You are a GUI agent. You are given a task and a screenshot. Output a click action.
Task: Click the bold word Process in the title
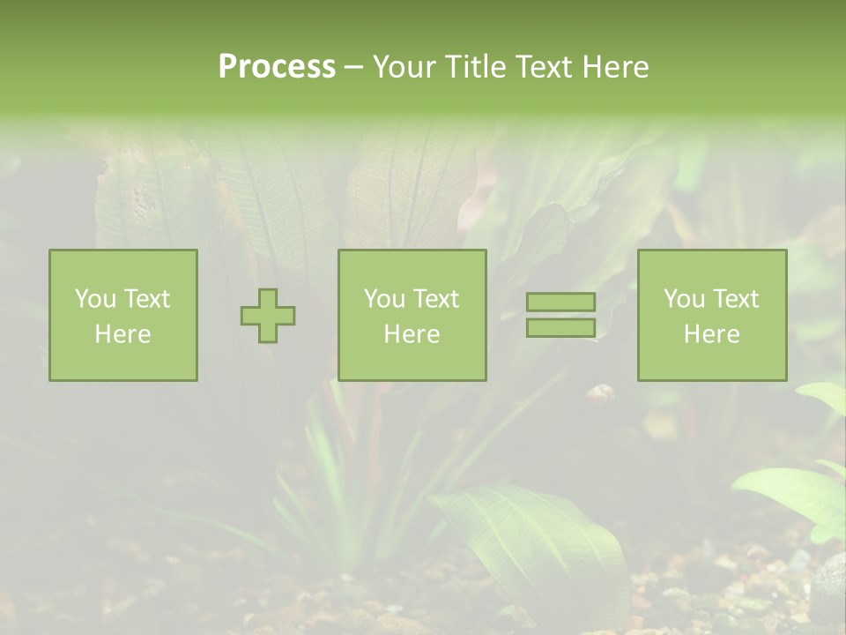[x=277, y=67]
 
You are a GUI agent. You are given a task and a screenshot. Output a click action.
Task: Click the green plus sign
[x=268, y=316]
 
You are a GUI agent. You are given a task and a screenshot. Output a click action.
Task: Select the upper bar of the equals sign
[x=560, y=302]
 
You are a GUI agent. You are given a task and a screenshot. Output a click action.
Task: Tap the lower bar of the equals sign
[x=560, y=327]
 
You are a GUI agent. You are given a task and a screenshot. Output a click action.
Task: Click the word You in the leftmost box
[x=94, y=299]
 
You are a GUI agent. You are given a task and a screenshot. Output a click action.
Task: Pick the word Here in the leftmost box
[x=122, y=334]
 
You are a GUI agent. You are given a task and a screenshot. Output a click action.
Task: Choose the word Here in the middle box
[x=412, y=334]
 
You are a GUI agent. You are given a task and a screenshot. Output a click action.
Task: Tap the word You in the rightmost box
[x=684, y=299]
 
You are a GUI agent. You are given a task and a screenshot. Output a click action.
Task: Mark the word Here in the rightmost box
[x=711, y=334]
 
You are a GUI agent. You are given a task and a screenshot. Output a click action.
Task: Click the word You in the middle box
[x=384, y=299]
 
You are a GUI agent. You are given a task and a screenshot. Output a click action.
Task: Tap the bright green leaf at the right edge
[x=793, y=494]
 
